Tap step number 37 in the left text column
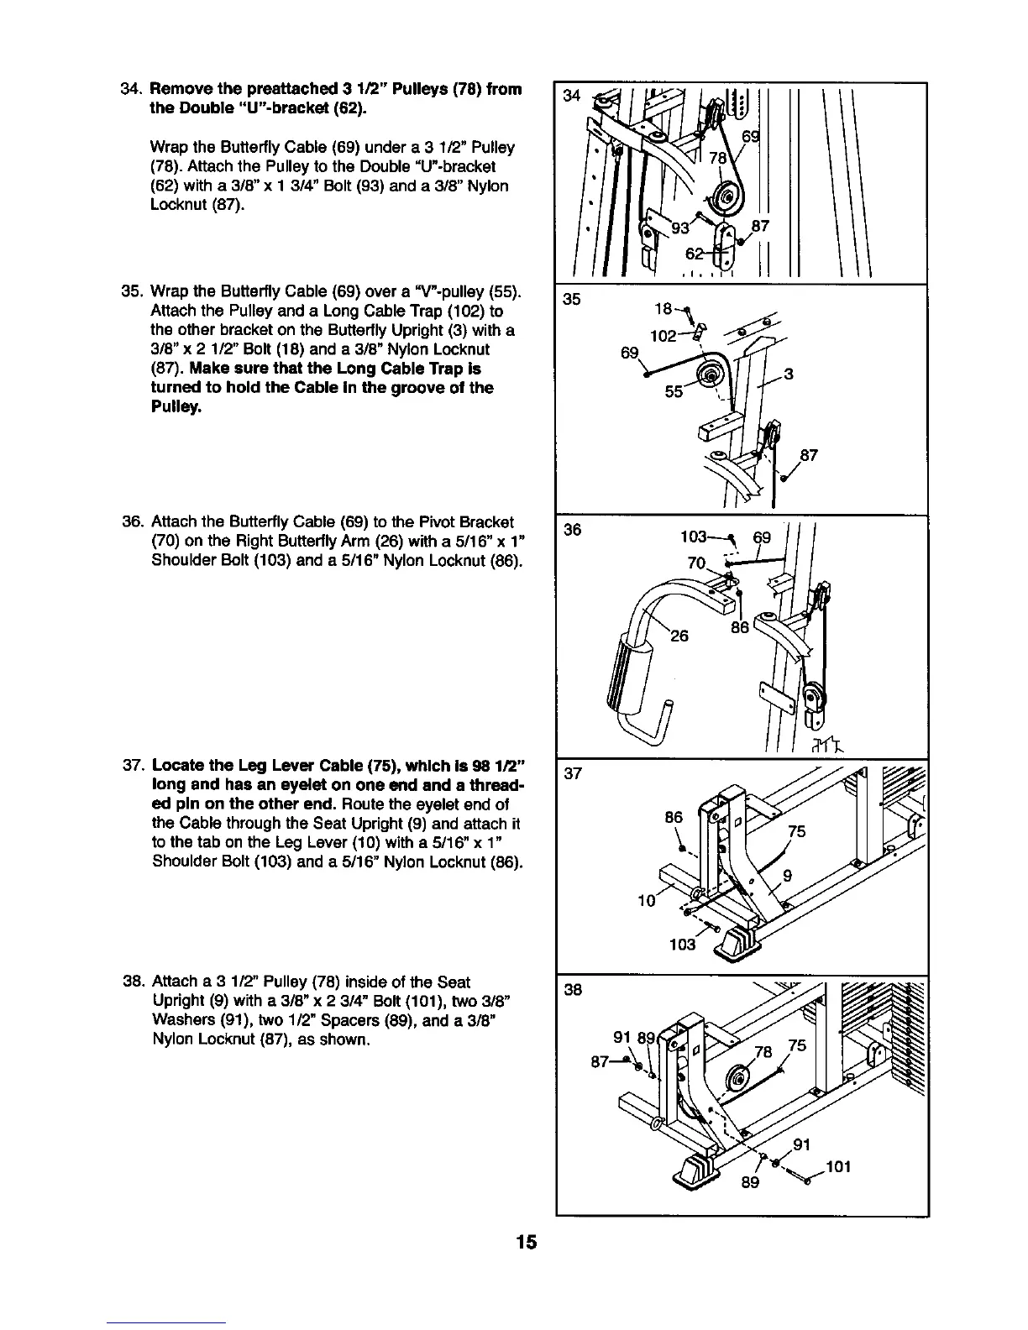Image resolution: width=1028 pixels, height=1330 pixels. pos(132,768)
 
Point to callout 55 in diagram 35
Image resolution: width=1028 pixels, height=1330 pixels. pos(674,391)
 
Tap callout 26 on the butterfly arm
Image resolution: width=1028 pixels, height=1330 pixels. pos(679,636)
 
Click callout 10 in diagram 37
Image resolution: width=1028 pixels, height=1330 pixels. pos(646,901)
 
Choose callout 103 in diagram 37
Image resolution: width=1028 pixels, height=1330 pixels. pos(682,945)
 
